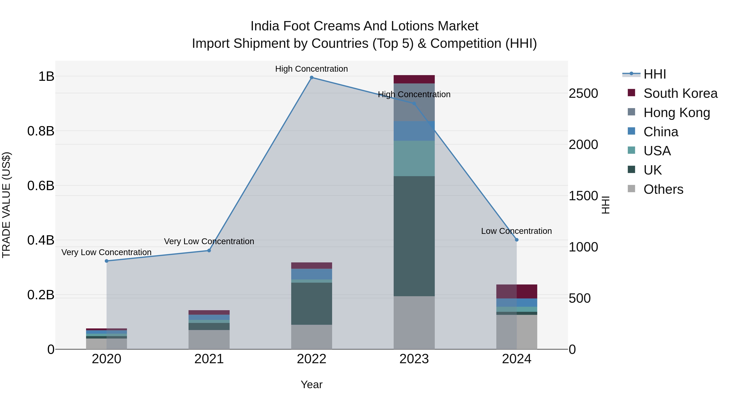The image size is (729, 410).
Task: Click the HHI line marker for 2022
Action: [312, 78]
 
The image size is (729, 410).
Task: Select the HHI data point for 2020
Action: [106, 261]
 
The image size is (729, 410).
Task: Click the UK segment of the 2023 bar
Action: [414, 236]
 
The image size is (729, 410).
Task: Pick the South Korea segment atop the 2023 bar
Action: [414, 79]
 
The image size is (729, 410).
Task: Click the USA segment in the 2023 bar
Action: [414, 159]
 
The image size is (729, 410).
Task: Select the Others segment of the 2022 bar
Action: [312, 337]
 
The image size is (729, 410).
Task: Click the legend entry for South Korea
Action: [680, 93]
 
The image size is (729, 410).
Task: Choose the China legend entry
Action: [661, 132]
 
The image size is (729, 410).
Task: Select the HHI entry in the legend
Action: [654, 74]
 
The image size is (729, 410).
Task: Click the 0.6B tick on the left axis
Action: [41, 186]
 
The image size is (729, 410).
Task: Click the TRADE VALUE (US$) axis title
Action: [6, 205]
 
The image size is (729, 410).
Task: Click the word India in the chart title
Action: [265, 26]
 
